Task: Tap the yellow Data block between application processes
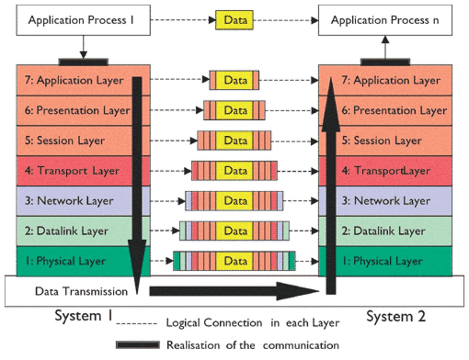pyautogui.click(x=234, y=20)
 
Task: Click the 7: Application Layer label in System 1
pyautogui.click(x=80, y=80)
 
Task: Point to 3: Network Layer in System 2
pyautogui.click(x=392, y=201)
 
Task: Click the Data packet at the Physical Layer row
pyautogui.click(x=234, y=261)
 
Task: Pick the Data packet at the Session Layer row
pyautogui.click(x=234, y=140)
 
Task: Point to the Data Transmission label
pyautogui.click(x=81, y=291)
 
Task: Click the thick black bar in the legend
pyautogui.click(x=137, y=345)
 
